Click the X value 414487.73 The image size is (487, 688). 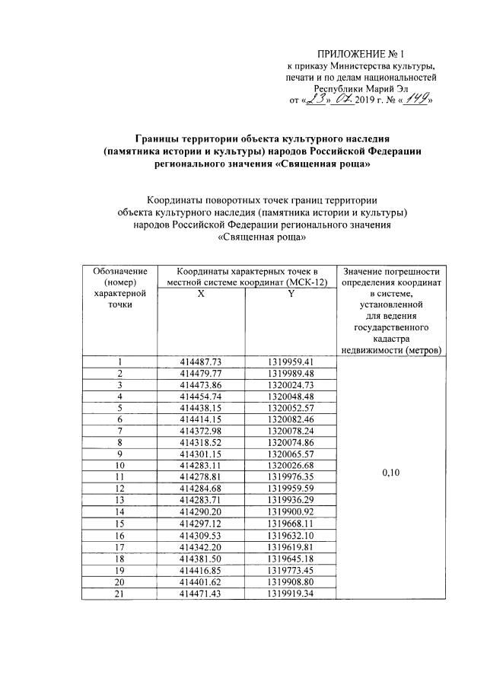click(201, 362)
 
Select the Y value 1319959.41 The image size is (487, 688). click(291, 362)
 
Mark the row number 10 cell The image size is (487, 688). click(119, 465)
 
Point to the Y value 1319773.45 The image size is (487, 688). click(291, 570)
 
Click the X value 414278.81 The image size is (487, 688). click(201, 476)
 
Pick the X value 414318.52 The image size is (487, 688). click(201, 442)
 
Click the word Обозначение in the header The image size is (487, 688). click(119, 272)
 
